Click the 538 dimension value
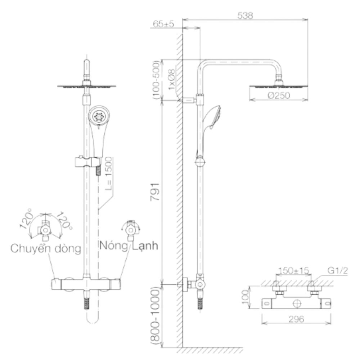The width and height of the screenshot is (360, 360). coord(245,15)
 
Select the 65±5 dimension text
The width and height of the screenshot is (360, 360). coord(163,24)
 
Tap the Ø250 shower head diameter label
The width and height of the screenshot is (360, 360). coord(279,95)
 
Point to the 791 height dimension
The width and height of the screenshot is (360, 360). coord(155,192)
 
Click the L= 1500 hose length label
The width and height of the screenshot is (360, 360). coord(109,174)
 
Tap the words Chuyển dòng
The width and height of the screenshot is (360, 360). coord(46,248)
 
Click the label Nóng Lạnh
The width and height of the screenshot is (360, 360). coord(129,246)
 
